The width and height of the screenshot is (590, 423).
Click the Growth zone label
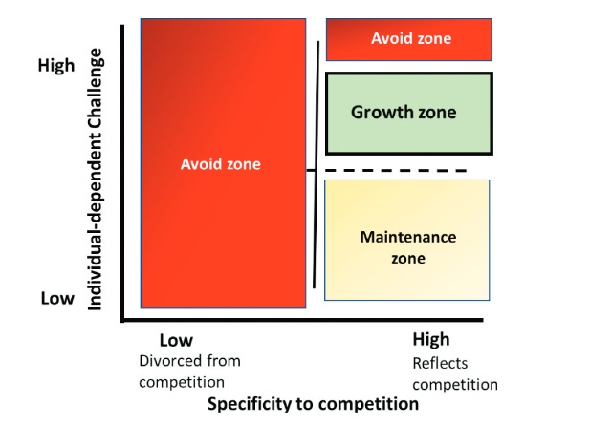coord(404,113)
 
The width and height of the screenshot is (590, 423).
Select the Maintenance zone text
coord(407,247)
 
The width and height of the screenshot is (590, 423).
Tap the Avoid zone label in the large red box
coord(220,164)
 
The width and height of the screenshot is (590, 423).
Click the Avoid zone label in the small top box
coord(410,39)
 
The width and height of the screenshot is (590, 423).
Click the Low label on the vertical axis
coord(57,298)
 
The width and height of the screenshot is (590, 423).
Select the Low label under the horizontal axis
coord(175,340)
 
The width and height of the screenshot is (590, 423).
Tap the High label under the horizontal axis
coord(430,340)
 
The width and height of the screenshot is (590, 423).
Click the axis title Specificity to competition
coord(313,404)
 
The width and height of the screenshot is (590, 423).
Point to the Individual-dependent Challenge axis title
coord(95,179)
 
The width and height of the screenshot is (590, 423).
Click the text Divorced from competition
coord(189,371)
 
